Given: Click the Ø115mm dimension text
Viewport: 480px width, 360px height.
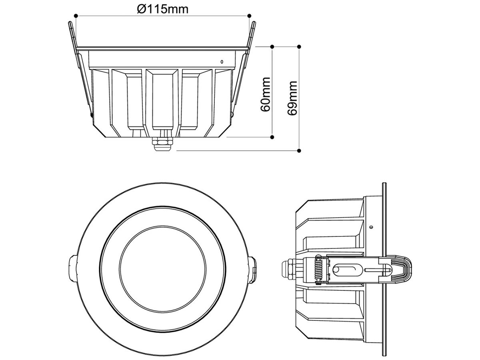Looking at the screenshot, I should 162,8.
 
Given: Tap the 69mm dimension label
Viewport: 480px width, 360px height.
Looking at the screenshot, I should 293,98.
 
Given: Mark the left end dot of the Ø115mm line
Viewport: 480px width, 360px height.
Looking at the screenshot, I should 75,16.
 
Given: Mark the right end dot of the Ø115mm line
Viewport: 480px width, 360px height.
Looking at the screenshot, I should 250,16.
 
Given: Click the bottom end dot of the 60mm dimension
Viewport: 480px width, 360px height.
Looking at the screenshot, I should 272,137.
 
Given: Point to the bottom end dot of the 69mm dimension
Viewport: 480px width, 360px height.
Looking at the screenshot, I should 299,151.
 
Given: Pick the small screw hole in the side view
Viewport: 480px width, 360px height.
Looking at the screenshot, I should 372,227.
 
